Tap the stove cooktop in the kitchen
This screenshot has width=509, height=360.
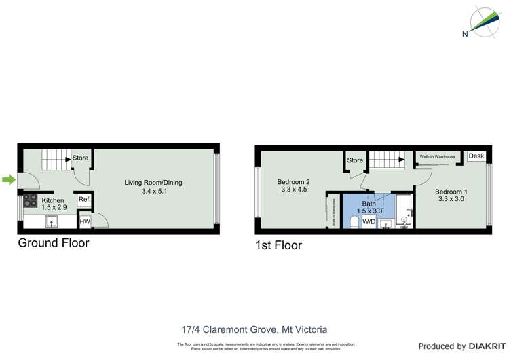tap(31, 200)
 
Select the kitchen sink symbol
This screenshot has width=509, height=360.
tap(52, 221)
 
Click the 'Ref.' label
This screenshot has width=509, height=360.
tap(84, 199)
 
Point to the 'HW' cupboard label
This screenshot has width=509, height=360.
tap(85, 221)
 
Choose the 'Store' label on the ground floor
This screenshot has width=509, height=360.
tap(80, 158)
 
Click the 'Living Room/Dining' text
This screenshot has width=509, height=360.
tap(153, 182)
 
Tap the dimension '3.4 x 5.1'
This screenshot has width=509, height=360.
tap(153, 192)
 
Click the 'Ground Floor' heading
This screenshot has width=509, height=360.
tap(53, 242)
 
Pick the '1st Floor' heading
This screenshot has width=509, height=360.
tap(278, 245)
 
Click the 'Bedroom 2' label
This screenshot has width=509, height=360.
tap(293, 181)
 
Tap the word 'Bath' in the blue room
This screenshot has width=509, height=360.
tap(369, 203)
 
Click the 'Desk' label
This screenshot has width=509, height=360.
tap(476, 156)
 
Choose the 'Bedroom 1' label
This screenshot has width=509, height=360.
tap(451, 191)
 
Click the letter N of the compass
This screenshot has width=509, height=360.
tap(464, 34)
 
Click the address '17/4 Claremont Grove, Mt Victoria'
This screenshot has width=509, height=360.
tap(254, 329)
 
